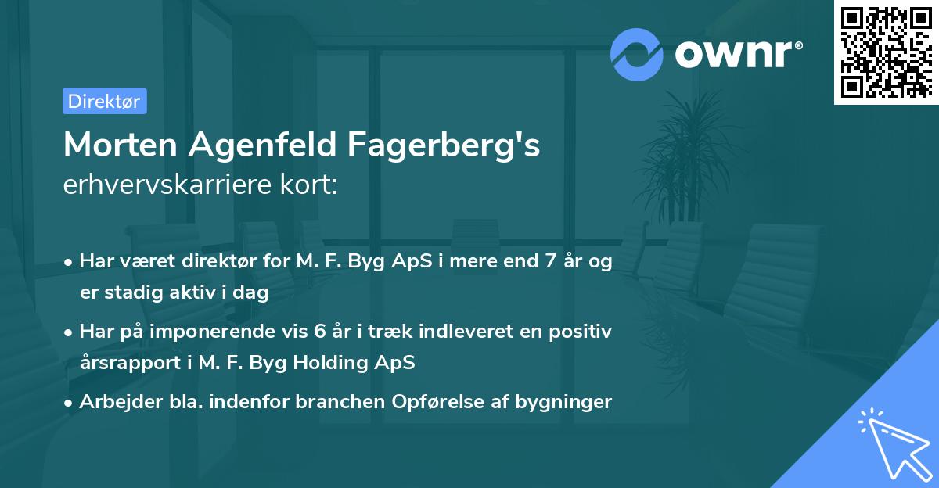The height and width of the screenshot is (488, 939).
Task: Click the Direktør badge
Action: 104,101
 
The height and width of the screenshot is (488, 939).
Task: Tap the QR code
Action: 887,52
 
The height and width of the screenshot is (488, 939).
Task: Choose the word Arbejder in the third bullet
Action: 113,402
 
